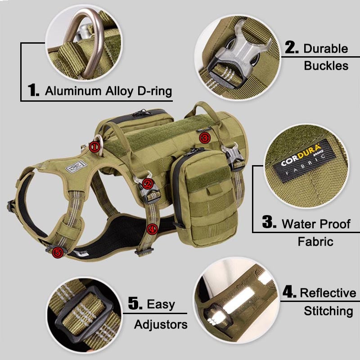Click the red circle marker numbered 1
click(94, 147)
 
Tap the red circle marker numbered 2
click(148, 184)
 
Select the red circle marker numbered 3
click(205, 138)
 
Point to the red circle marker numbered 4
click(152, 229)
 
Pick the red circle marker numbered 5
click(58, 252)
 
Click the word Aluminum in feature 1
click(73, 91)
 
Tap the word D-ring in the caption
click(154, 91)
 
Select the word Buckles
click(326, 66)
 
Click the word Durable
click(325, 49)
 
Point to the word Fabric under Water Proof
click(315, 242)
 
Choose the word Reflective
click(328, 293)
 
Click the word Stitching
click(328, 311)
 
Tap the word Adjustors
click(161, 324)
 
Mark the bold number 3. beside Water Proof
click(269, 222)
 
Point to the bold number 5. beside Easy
click(135, 303)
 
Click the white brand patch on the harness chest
click(76, 167)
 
